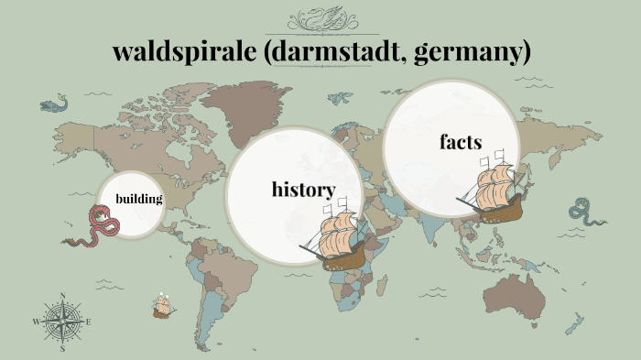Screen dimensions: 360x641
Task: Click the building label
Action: click(138, 199)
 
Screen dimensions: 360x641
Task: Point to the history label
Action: click(303, 189)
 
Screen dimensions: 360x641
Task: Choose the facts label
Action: click(460, 142)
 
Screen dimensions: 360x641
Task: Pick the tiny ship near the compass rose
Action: click(164, 306)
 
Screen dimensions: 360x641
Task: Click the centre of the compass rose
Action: click(62, 321)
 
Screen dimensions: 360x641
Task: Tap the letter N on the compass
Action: click(62, 296)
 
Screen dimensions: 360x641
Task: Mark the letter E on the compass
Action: click(88, 322)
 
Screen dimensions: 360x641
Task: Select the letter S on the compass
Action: click(62, 348)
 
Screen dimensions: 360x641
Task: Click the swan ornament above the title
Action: click(320, 19)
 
